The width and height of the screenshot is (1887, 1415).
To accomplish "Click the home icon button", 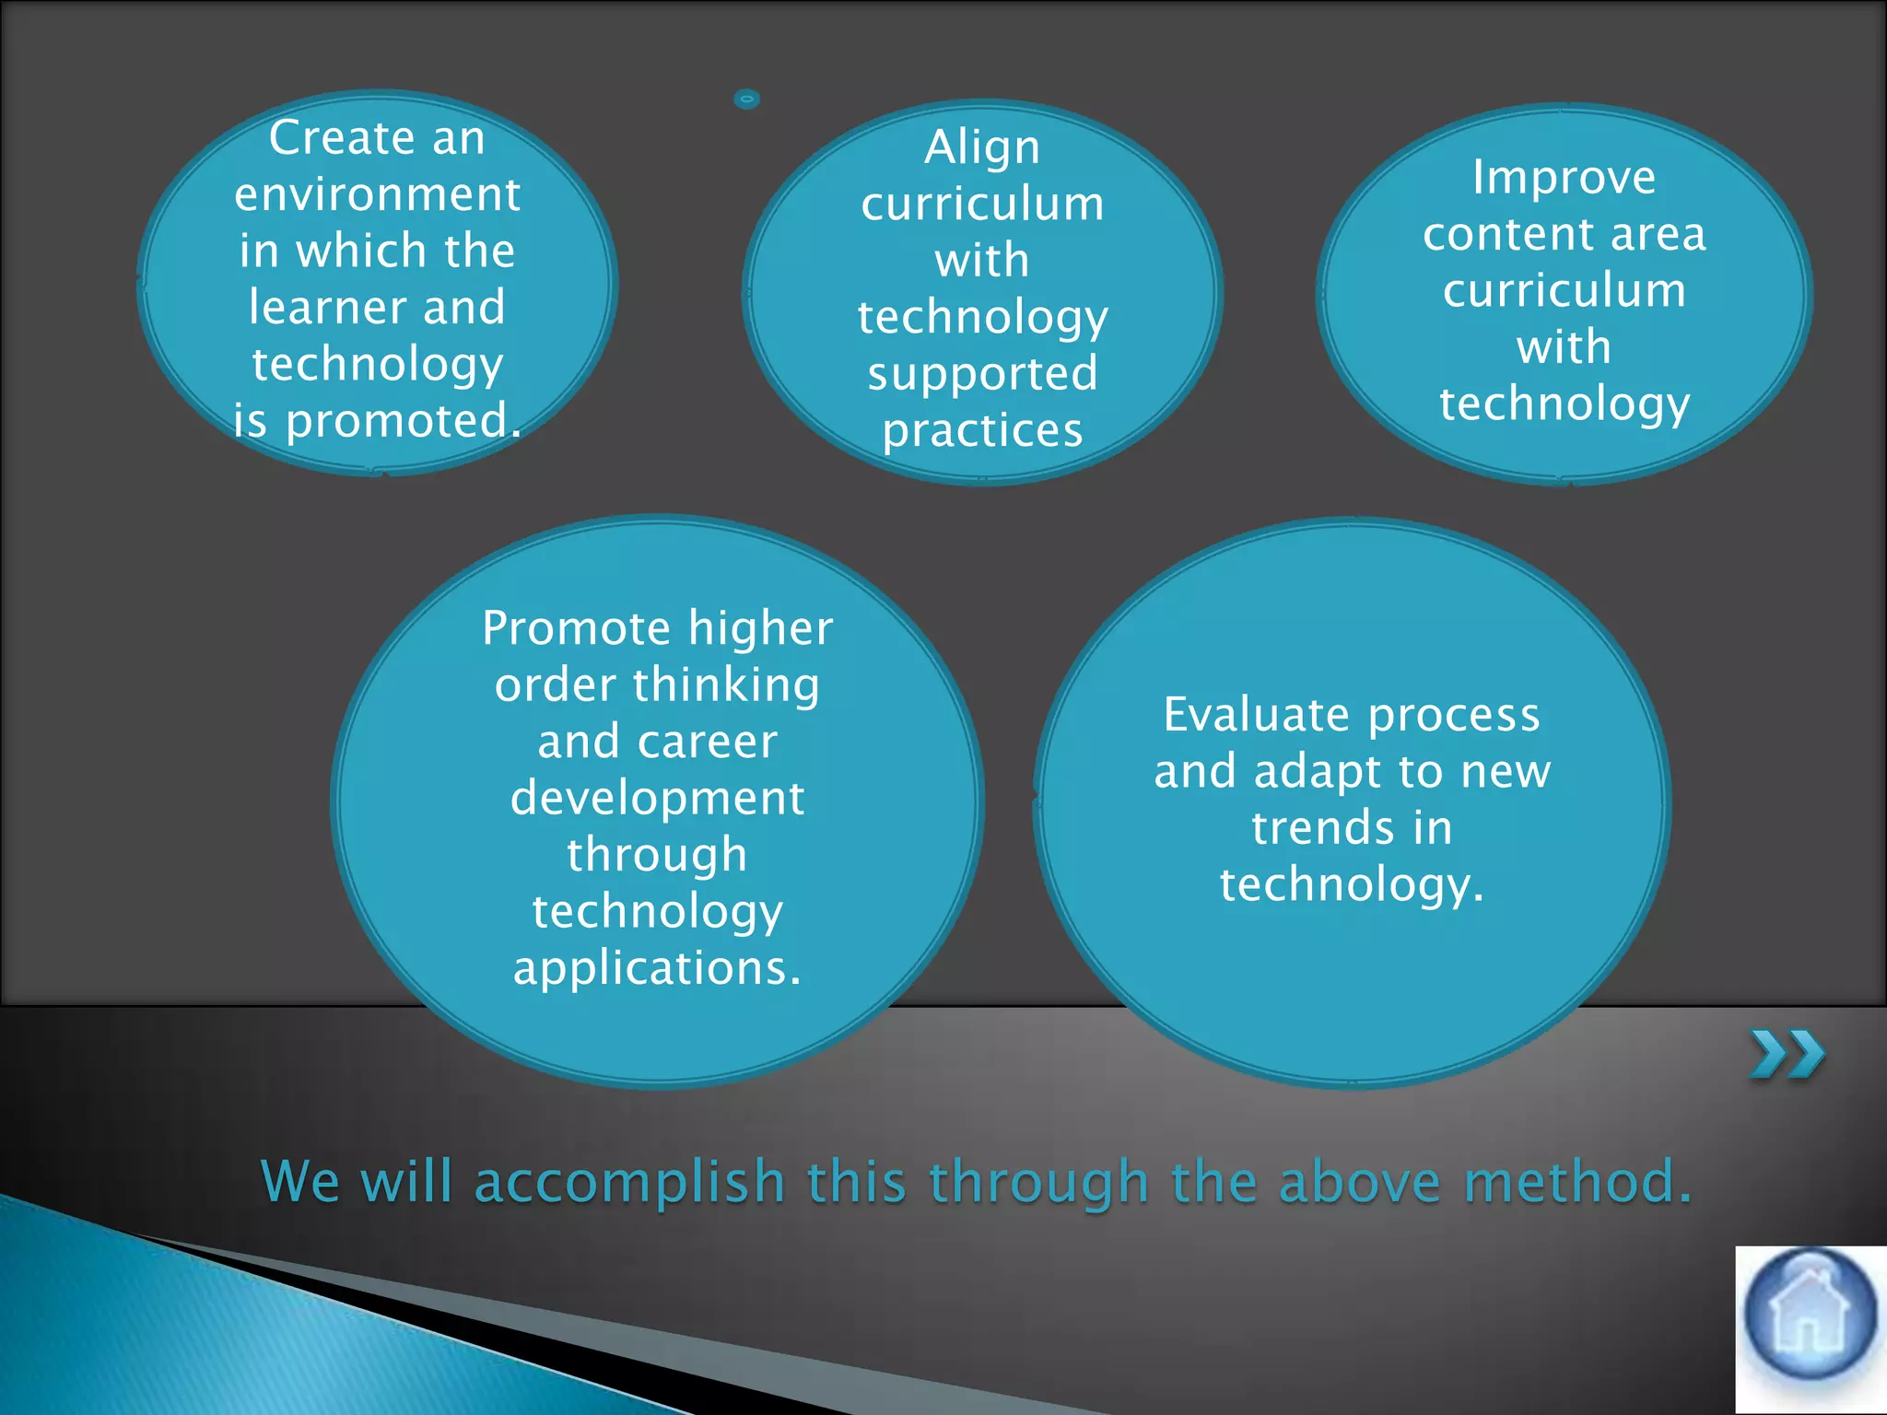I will point(1810,1314).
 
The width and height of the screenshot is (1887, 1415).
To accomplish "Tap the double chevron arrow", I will point(1787,1054).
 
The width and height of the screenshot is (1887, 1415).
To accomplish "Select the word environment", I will point(377,194).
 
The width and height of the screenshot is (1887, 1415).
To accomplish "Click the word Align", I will point(982,147).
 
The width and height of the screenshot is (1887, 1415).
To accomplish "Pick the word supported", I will point(982,374).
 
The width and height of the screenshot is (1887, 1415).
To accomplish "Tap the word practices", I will point(982,430).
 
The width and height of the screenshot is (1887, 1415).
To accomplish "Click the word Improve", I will point(1564,177).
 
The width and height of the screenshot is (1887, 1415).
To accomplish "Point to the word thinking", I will point(725,685).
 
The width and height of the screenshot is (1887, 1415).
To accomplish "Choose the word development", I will point(657,798).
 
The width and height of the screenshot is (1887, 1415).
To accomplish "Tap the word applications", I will point(656,968).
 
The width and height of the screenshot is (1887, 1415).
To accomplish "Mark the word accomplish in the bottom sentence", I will point(629,1182).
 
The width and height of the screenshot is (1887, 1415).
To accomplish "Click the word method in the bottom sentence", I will point(1576,1182).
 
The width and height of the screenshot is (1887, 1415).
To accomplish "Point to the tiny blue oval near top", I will point(746,99).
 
